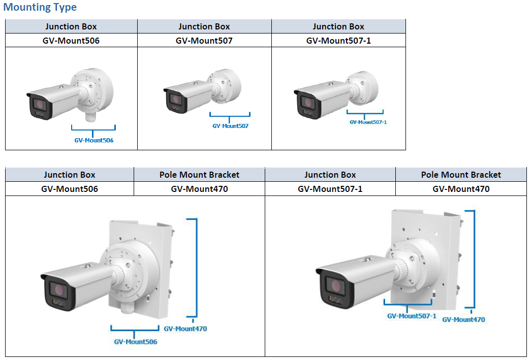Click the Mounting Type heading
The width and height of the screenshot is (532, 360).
(x=40, y=8)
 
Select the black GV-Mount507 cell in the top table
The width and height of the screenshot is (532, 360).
(x=204, y=41)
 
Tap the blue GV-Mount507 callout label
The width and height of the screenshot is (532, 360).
(x=230, y=126)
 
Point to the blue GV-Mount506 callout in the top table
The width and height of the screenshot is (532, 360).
(x=94, y=140)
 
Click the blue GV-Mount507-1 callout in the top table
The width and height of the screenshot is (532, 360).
(x=368, y=122)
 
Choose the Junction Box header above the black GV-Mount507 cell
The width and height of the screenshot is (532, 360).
(x=204, y=26)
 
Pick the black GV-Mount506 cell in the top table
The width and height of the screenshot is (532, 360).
(x=71, y=41)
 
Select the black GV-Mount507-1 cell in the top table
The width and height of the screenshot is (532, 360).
(x=338, y=41)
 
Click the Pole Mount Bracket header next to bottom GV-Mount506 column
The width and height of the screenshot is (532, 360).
(x=199, y=175)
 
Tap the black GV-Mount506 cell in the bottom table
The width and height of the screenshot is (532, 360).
(x=70, y=189)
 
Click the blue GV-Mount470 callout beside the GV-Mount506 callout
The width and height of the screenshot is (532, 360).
(x=185, y=329)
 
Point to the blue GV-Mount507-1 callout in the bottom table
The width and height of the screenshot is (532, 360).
(x=412, y=316)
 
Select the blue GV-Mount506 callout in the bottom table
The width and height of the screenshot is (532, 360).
(x=136, y=342)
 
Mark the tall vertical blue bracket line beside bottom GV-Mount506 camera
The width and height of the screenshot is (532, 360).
(x=196, y=268)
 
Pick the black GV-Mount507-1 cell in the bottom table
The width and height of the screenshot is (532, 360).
(x=330, y=189)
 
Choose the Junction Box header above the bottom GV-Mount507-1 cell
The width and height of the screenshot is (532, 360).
(x=330, y=175)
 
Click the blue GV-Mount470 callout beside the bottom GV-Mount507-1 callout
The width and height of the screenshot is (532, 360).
(x=463, y=319)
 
